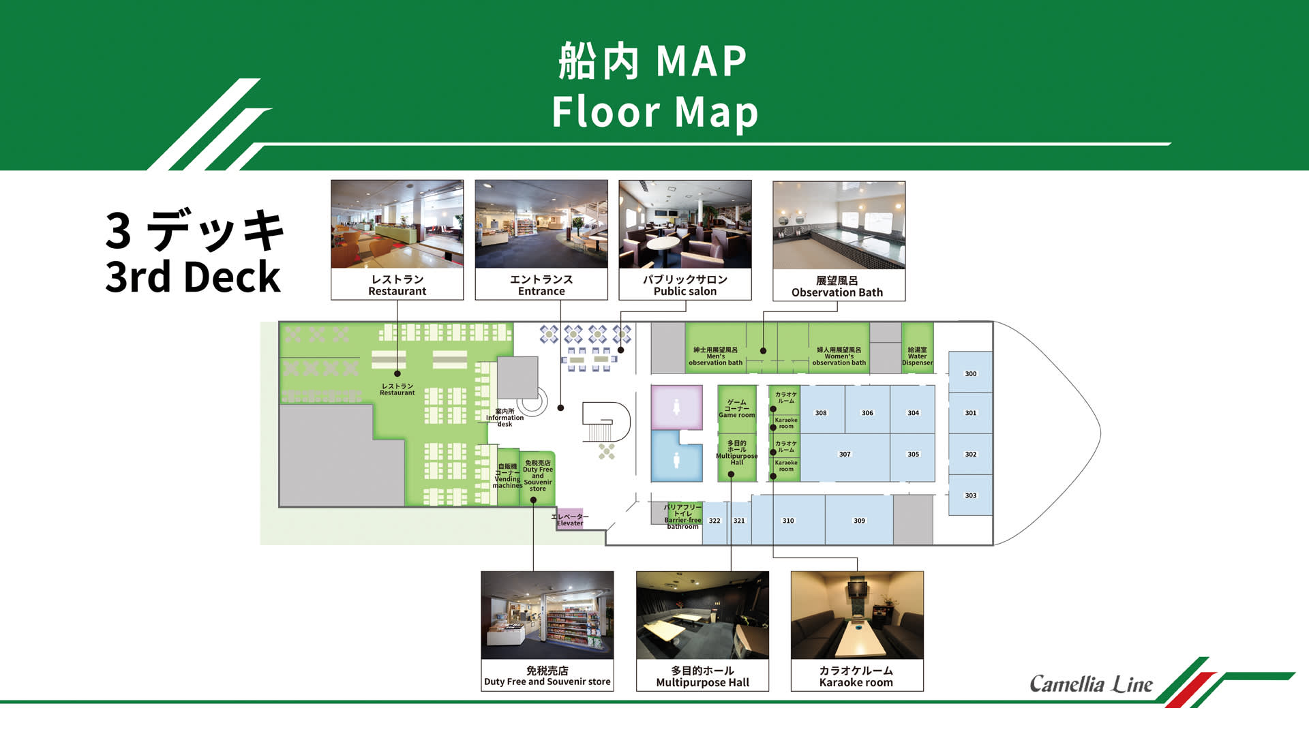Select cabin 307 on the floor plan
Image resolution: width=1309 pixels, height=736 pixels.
pos(845,455)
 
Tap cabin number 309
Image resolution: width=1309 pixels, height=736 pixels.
pos(859,520)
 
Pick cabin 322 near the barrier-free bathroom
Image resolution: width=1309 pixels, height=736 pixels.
pos(714,521)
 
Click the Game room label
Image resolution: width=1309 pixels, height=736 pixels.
pos(736,408)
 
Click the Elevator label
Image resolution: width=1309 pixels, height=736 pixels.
pos(570,520)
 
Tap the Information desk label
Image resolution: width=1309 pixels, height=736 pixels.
pos(505,418)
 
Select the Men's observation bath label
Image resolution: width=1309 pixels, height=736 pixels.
pos(715,356)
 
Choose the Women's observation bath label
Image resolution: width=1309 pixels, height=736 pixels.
pos(839,356)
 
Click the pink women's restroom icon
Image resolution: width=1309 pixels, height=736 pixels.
pos(676,407)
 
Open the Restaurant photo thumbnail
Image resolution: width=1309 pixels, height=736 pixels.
pos(397,224)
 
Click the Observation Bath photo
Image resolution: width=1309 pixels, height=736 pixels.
pos(839,226)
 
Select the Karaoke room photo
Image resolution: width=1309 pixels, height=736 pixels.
pos(857,615)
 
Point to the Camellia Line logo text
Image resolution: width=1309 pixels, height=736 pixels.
pos(1091,684)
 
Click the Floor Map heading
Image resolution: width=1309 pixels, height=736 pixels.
pos(654,112)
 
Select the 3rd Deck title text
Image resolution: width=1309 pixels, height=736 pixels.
pos(193,277)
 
